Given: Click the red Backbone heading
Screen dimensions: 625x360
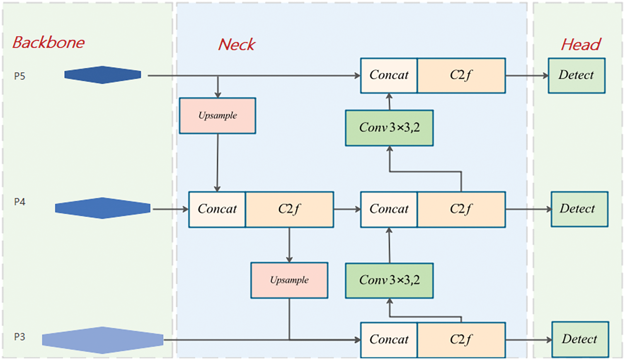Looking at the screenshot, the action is coord(48,43).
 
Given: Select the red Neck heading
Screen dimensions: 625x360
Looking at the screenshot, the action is coord(237,44).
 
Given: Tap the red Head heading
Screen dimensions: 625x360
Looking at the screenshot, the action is coord(581,44).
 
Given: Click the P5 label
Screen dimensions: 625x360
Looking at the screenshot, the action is coord(19,76).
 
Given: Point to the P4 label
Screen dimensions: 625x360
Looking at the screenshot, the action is coord(19,202).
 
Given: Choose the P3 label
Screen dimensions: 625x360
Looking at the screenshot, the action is coord(19,337).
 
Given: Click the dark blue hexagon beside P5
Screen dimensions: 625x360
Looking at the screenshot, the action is coord(103,75).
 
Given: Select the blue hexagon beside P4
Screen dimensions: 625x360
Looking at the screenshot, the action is coord(103,208).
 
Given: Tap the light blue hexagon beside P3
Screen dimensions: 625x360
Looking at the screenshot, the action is coord(103,340).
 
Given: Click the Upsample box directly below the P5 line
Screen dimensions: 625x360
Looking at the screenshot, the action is coord(218,116).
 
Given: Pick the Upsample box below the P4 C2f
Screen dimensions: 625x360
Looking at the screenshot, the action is coord(289,280).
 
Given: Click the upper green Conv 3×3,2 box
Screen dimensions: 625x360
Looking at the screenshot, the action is coord(389,128).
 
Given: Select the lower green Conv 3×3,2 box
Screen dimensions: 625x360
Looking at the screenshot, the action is coord(389,280).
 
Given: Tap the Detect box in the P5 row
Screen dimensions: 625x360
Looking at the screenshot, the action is coord(577,75).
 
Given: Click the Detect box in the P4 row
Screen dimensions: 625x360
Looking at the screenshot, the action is coord(579,209).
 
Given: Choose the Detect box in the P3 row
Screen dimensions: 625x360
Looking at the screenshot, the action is coord(580,339).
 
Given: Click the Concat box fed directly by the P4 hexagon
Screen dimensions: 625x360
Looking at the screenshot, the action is coord(217,210).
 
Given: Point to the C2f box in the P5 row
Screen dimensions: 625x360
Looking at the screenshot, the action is coord(461,75).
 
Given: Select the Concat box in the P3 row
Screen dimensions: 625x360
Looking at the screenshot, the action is coord(389,340).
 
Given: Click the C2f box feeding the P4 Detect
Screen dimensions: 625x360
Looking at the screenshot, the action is coord(461,210).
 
